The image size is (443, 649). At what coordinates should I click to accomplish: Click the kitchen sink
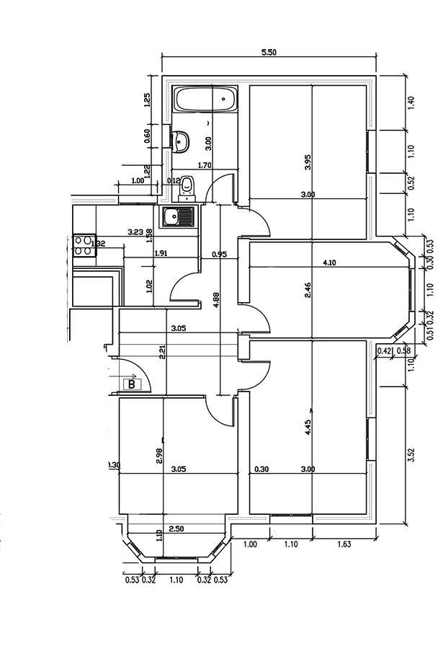178,216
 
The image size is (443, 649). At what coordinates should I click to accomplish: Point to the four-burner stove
84,245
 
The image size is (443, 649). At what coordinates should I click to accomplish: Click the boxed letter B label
132,384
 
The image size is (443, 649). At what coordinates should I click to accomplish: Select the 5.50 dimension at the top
269,52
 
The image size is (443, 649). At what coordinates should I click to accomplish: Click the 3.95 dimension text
308,162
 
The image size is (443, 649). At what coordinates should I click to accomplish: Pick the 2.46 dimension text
308,290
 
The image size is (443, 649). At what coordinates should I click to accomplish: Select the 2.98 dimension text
159,456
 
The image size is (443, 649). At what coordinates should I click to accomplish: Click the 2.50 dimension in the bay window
176,529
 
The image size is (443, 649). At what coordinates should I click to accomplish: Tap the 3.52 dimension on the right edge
411,454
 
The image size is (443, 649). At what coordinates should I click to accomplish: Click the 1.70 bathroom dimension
204,165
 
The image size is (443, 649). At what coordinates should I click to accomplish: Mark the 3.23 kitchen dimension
135,232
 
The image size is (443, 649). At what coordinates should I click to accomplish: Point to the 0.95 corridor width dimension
220,254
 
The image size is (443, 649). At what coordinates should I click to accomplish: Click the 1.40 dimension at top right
411,102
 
